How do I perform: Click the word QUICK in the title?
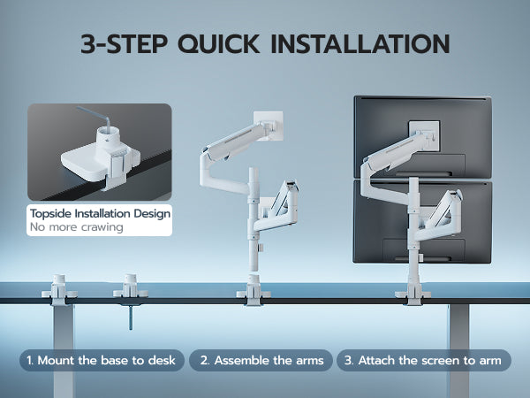click(219, 43)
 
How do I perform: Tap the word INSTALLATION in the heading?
click(360, 43)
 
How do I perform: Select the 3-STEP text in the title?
click(124, 43)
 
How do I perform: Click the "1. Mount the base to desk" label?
click(102, 361)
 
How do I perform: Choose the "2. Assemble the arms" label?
click(261, 361)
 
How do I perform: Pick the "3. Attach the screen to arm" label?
click(423, 361)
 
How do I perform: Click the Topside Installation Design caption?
click(100, 213)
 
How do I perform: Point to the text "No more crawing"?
click(76, 227)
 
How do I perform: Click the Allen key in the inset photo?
click(96, 119)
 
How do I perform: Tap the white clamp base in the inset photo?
click(101, 159)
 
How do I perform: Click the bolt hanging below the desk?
click(131, 317)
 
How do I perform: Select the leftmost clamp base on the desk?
click(59, 290)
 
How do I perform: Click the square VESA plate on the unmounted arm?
click(269, 126)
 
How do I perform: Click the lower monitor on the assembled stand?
click(422, 222)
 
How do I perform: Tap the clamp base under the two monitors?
click(413, 294)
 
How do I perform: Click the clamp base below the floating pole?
click(254, 290)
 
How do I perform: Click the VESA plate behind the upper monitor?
click(425, 135)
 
